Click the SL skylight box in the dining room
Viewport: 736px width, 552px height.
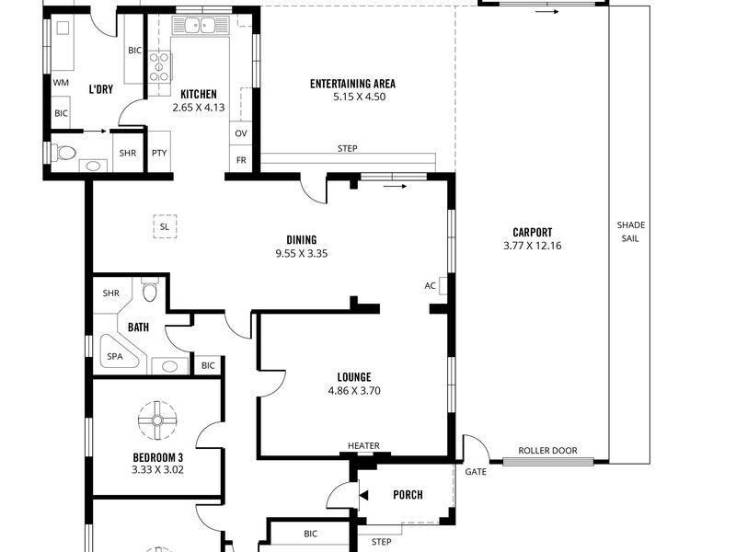[165, 226]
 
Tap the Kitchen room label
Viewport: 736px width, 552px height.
[199, 95]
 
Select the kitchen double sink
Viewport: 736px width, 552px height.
[200, 25]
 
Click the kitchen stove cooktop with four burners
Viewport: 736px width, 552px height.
[159, 67]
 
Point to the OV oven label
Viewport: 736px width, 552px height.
[241, 133]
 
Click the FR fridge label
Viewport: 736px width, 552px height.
[241, 160]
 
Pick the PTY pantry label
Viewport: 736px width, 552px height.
[159, 153]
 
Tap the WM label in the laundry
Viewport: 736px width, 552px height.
[61, 83]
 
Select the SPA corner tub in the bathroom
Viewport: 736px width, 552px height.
[118, 352]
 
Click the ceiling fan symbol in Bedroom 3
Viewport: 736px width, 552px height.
[157, 420]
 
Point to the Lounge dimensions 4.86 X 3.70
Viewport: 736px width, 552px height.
[354, 390]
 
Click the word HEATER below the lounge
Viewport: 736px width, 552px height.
[363, 445]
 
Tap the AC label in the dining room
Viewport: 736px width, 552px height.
[430, 285]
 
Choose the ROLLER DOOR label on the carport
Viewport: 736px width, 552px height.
[547, 451]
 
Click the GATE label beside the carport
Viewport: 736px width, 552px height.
[476, 472]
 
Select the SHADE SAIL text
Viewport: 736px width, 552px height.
[631, 232]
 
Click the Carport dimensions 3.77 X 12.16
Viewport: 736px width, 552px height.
[533, 246]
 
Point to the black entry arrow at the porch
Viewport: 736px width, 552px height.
[363, 495]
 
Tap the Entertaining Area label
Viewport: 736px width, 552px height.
[353, 84]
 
